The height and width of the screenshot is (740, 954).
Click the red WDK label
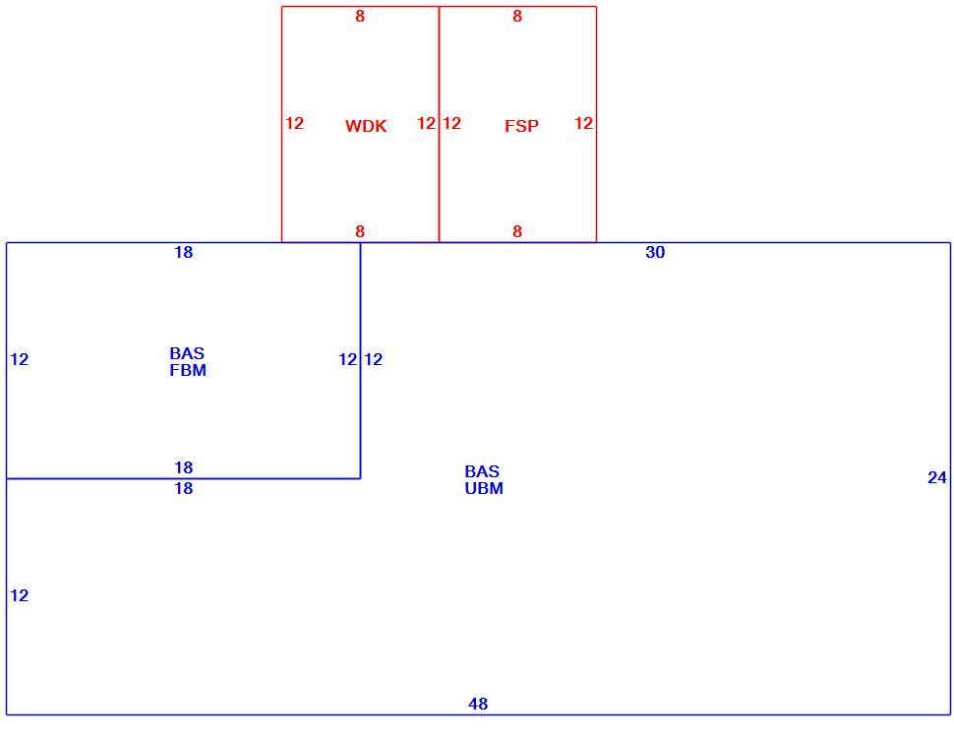[366, 126]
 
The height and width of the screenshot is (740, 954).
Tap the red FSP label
[521, 126]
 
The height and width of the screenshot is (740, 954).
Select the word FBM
[188, 371]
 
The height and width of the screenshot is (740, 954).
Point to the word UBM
[484, 489]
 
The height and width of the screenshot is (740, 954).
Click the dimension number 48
[478, 705]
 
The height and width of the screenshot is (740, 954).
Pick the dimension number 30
[655, 253]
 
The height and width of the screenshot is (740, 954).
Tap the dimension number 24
[937, 477]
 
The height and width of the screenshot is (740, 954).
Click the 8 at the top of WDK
[360, 17]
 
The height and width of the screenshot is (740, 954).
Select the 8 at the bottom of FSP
[517, 232]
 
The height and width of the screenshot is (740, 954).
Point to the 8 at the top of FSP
[517, 17]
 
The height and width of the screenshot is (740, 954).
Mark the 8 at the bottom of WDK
[360, 232]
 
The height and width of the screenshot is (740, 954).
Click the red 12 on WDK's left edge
[294, 124]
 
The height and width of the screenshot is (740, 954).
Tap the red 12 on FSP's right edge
[583, 124]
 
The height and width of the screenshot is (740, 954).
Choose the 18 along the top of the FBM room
[184, 253]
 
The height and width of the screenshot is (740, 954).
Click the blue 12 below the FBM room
[20, 595]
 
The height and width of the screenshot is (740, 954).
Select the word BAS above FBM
[188, 353]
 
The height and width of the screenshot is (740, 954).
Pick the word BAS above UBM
[482, 471]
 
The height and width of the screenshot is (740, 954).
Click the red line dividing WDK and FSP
[439, 124]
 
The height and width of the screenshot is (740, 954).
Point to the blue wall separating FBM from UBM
[360, 360]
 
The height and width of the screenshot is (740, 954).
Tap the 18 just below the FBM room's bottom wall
[184, 489]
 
